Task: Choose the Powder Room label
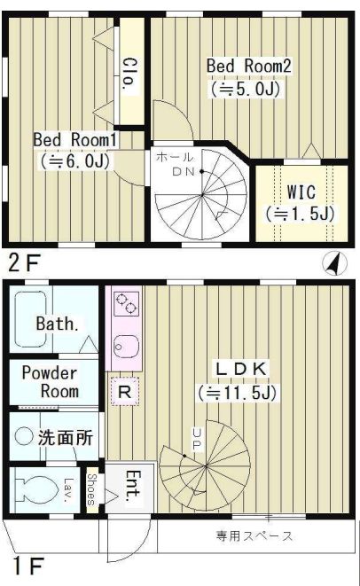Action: click(50, 382)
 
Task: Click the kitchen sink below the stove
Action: click(123, 346)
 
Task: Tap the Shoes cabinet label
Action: click(91, 487)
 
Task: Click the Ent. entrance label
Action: click(128, 485)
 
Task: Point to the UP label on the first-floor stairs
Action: click(196, 438)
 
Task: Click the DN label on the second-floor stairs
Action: click(183, 170)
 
